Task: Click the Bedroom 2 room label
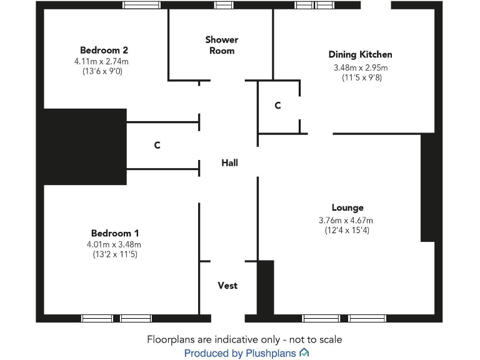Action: click(104, 50)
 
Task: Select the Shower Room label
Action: click(222, 44)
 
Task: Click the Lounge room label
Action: click(347, 207)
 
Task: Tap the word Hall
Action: click(229, 162)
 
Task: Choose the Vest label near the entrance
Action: click(227, 286)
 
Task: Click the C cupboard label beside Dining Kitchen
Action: click(277, 106)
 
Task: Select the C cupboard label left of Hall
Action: click(157, 145)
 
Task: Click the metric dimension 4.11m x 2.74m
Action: click(101, 61)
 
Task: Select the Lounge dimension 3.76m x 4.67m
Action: click(346, 220)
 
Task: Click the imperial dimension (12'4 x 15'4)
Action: click(346, 231)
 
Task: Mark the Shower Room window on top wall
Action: click(223, 5)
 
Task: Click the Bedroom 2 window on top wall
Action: click(141, 5)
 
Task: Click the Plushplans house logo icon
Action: click(304, 353)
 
